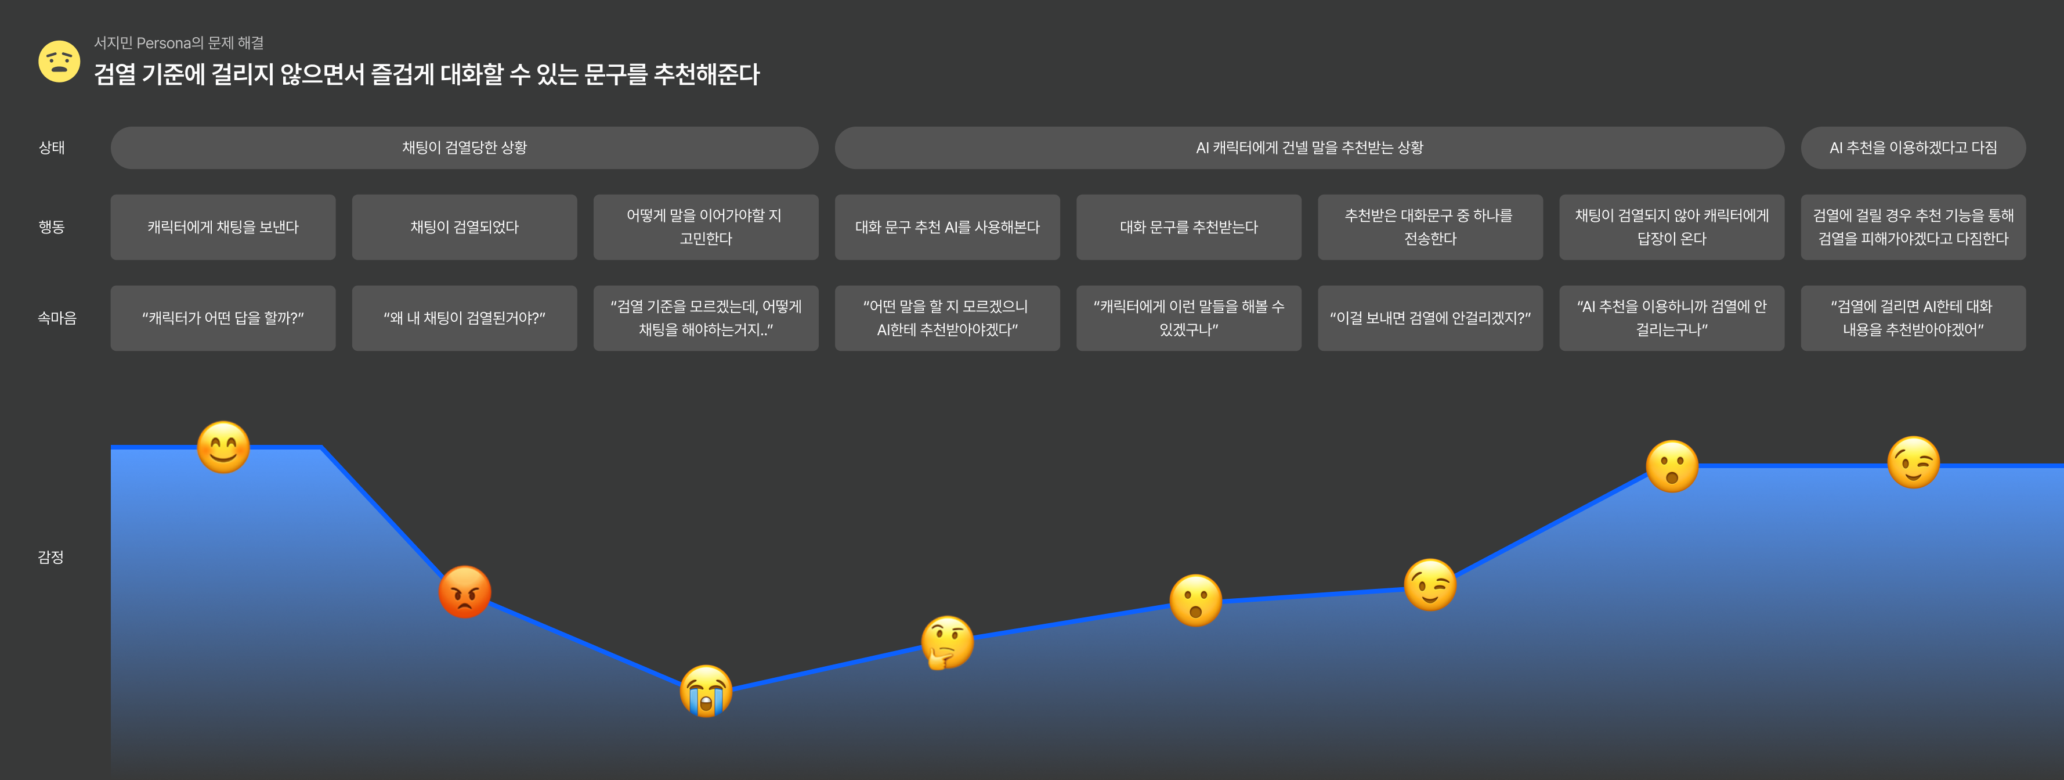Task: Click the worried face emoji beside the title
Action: tap(59, 62)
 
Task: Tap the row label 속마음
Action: tap(57, 318)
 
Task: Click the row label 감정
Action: tap(50, 557)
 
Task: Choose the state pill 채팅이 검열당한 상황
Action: tap(464, 148)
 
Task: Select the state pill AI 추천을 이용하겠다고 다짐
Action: tap(1913, 148)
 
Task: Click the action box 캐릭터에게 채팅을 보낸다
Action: tap(223, 227)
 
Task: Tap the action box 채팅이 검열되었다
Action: tap(464, 227)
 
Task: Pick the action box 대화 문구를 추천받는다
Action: tap(1188, 227)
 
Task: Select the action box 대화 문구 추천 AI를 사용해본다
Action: tap(947, 227)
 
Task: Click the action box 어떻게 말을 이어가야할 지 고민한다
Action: tap(705, 227)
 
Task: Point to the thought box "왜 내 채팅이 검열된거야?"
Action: tap(464, 318)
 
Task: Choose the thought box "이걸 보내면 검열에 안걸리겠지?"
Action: tap(1429, 318)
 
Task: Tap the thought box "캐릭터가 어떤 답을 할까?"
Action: tap(223, 318)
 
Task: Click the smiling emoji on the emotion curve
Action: tap(223, 447)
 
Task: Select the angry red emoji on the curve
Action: tap(465, 592)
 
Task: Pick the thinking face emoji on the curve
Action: tap(947, 642)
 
